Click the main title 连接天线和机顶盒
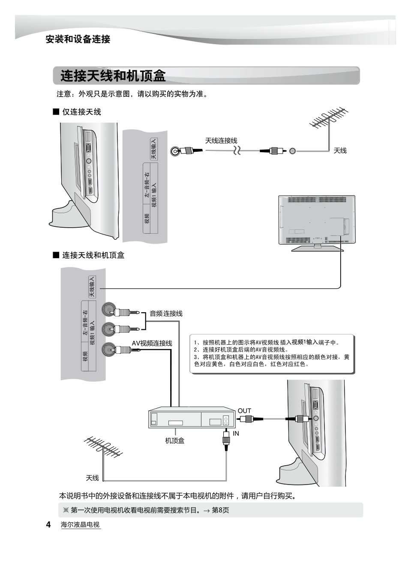pos(113,76)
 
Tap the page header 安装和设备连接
pos(78,39)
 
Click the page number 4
pos(48,524)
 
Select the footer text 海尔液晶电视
pos(80,525)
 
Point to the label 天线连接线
pos(221,141)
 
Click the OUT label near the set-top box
pos(244,411)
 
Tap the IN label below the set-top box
pos(236,434)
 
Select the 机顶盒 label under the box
pos(175,440)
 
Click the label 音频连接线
pos(166,313)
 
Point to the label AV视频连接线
pos(152,343)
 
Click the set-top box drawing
pos(192,417)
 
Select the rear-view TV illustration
pos(317,222)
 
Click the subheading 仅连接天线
pos(81,112)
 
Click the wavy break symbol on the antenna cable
pos(237,151)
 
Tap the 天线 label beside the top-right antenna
pos(340,151)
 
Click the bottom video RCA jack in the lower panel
pos(108,349)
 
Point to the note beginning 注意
pos(132,94)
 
